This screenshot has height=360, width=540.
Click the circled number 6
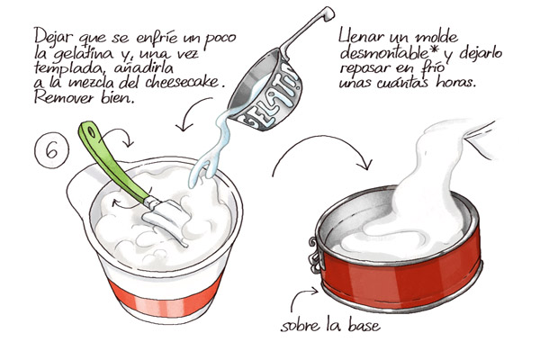(x=51, y=150)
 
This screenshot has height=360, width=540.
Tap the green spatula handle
(x=111, y=161)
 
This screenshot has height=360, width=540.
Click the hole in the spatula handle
(x=91, y=132)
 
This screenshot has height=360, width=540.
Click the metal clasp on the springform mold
(x=315, y=255)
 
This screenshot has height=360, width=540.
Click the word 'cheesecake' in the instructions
(x=182, y=83)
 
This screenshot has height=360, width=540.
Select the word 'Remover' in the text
(x=64, y=98)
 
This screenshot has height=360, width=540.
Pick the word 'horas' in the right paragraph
(x=455, y=82)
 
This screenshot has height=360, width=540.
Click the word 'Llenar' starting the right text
(x=363, y=36)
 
